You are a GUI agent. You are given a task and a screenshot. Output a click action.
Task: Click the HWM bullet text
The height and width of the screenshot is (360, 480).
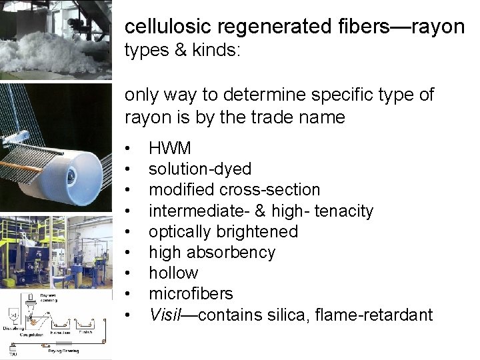[169, 149]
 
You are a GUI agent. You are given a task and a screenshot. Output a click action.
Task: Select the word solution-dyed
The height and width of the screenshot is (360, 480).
[199, 169]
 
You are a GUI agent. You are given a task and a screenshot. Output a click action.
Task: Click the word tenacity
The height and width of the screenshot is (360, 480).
[341, 211]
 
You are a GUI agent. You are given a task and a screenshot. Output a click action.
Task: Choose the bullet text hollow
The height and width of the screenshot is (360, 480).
[173, 273]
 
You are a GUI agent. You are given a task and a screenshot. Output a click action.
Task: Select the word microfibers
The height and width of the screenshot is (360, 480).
[191, 293]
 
